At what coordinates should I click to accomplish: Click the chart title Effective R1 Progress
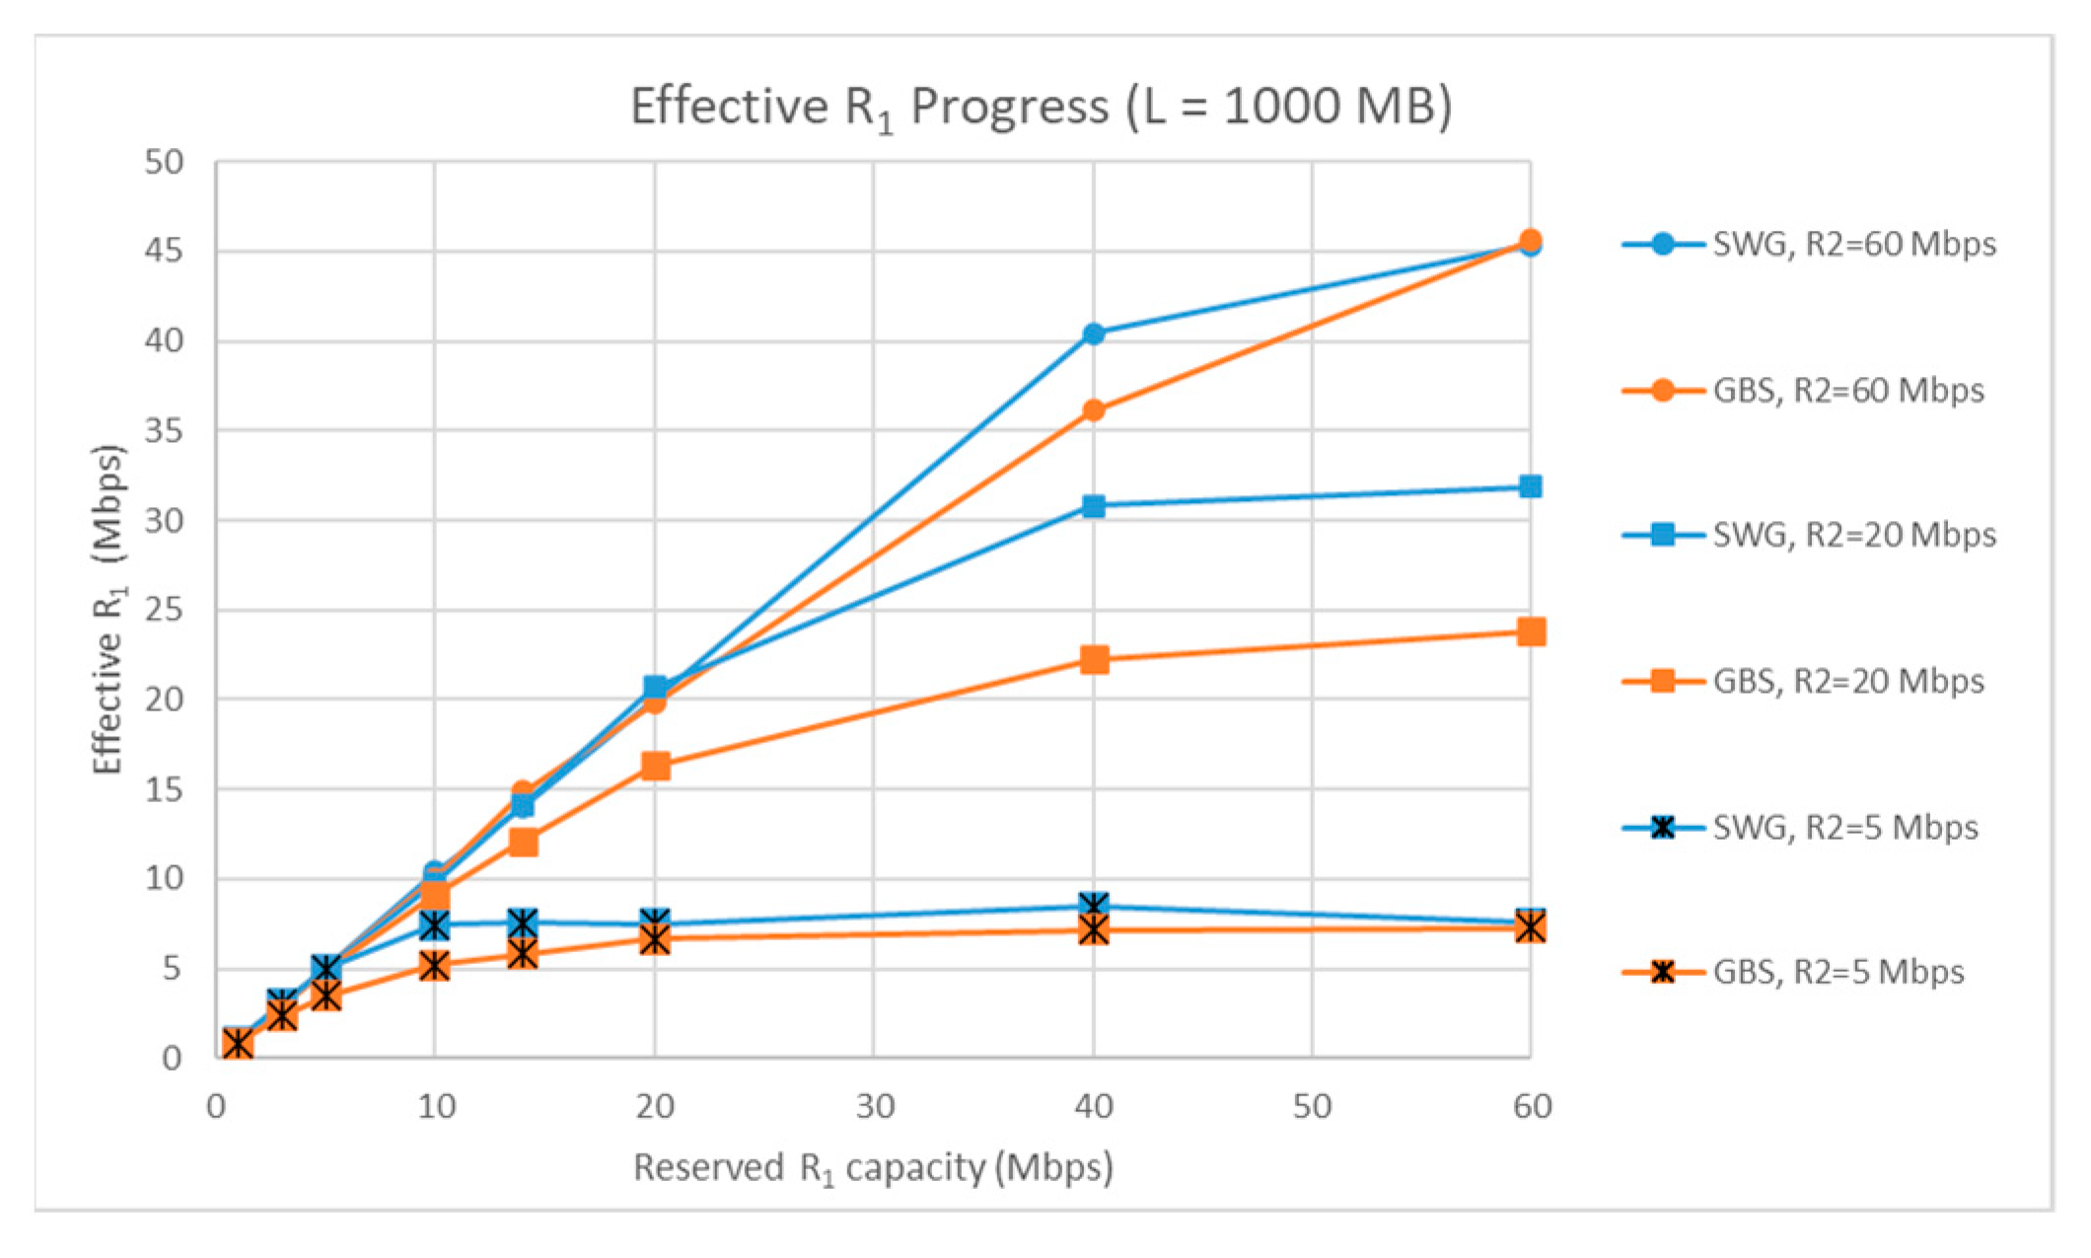pyautogui.click(x=1041, y=107)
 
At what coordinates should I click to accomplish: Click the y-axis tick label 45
pyautogui.click(x=164, y=252)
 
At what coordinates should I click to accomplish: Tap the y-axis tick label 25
pyautogui.click(x=164, y=610)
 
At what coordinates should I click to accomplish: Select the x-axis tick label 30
pyautogui.click(x=874, y=1107)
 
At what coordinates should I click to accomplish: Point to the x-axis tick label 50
pyautogui.click(x=1312, y=1107)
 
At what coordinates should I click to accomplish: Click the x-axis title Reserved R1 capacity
pyautogui.click(x=873, y=1168)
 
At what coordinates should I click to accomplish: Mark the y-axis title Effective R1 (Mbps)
pyautogui.click(x=108, y=610)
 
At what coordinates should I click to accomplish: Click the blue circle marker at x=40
pyautogui.click(x=1093, y=334)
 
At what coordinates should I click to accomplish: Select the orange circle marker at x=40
pyautogui.click(x=1093, y=410)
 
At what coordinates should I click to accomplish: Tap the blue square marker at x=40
pyautogui.click(x=1093, y=506)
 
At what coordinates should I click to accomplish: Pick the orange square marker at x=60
pyautogui.click(x=1531, y=631)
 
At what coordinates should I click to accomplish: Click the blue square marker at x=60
pyautogui.click(x=1531, y=486)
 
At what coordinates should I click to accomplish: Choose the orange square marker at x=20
pyautogui.click(x=655, y=766)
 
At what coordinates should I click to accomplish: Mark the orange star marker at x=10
pyautogui.click(x=435, y=965)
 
